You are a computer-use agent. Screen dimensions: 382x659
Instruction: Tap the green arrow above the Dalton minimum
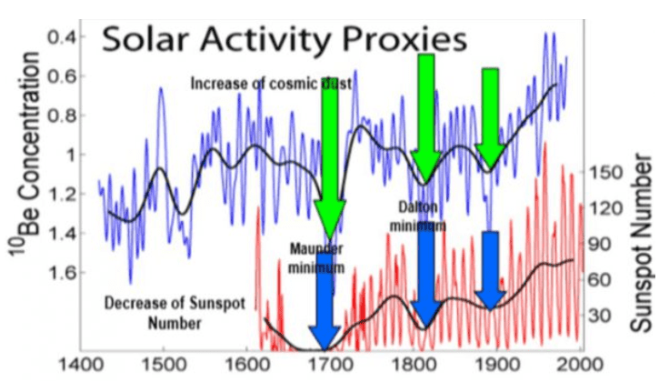[x=424, y=118]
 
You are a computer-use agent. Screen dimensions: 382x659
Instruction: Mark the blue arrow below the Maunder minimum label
[x=324, y=309]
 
